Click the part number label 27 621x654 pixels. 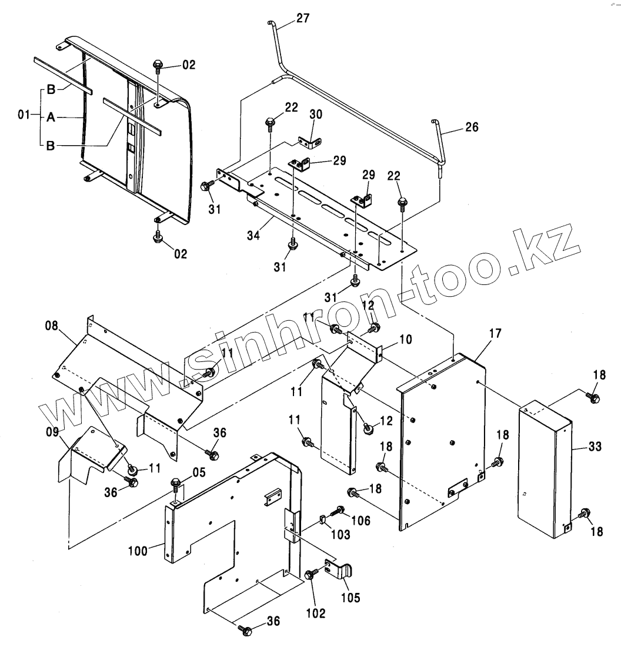[302, 18]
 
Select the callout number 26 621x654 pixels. [472, 126]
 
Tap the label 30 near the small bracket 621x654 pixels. [316, 115]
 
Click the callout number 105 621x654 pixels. [351, 598]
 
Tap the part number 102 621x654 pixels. [315, 613]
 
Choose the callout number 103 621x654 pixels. [340, 534]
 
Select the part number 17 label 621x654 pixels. [495, 333]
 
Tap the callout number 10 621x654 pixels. [389, 339]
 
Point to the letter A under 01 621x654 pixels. [51, 118]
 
